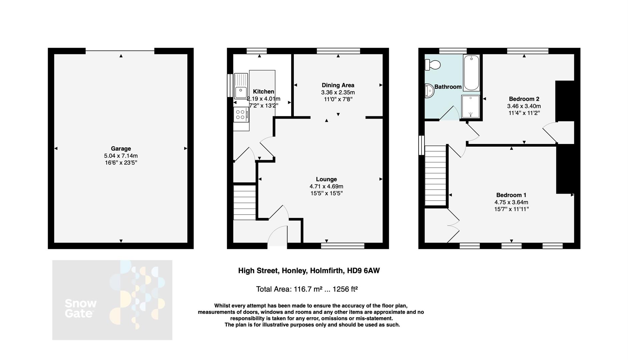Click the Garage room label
[121, 149]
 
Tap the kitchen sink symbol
[240, 91]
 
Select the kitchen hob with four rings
[240, 115]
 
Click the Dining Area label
[338, 85]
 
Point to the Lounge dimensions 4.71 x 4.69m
[326, 186]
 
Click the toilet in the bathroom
[433, 64]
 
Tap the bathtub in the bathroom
[471, 73]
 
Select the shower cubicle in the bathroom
[471, 107]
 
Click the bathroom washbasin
[429, 91]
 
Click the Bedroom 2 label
[524, 99]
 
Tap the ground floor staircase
[244, 203]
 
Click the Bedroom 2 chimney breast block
[565, 101]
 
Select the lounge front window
[343, 246]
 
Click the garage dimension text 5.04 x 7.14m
[121, 156]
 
